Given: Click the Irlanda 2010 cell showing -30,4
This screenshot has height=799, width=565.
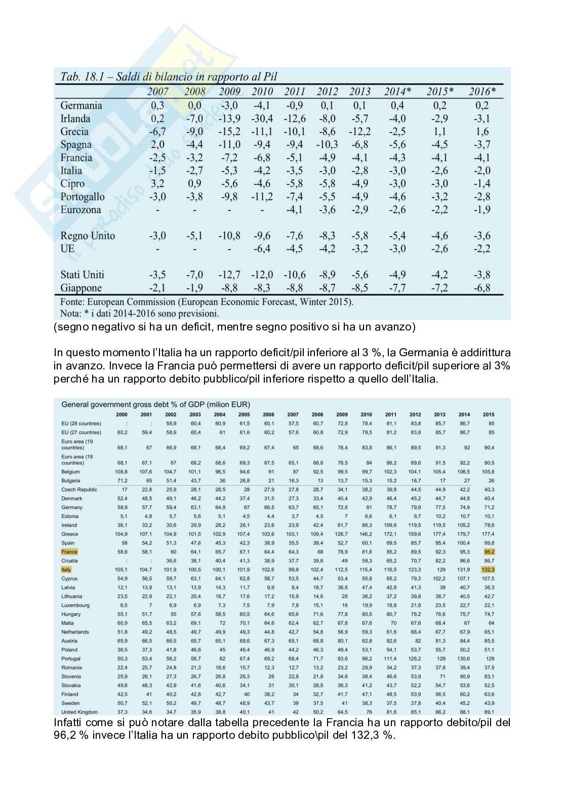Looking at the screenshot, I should pyautogui.click(x=262, y=118).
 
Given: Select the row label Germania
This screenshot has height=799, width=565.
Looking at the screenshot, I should pyautogui.click(x=81, y=105).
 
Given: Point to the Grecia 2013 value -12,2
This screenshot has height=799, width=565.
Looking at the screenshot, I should pyautogui.click(x=359, y=132).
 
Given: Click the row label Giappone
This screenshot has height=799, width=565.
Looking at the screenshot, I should pyautogui.click(x=81, y=288).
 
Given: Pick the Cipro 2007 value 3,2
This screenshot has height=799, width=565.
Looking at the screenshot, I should pyautogui.click(x=157, y=184).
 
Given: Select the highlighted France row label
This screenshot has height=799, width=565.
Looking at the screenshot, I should pyautogui.click(x=69, y=552).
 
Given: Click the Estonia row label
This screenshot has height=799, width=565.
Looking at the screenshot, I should pyautogui.click(x=70, y=516).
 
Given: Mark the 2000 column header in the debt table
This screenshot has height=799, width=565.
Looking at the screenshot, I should pyautogui.click(x=122, y=414).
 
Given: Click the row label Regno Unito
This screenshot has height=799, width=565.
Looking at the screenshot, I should pyautogui.click(x=88, y=236).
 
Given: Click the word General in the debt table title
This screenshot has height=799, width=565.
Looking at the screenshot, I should pyautogui.click(x=74, y=404).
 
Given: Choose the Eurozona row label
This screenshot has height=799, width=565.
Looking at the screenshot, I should pyautogui.click(x=80, y=209).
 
